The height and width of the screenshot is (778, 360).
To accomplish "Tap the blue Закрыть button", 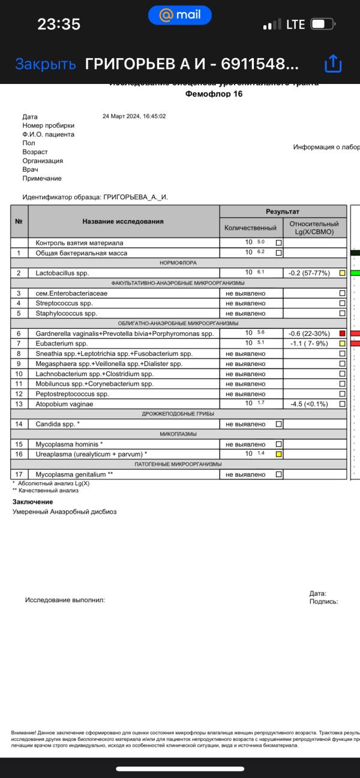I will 46,64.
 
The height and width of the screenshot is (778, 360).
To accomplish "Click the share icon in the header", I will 332,64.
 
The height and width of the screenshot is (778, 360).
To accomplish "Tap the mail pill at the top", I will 179,15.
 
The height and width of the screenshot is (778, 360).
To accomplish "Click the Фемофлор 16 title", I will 214,94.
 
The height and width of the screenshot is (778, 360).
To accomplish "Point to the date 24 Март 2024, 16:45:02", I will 134,116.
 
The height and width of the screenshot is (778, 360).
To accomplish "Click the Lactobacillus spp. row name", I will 62,273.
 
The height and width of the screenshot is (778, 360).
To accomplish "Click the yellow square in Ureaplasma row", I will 278,454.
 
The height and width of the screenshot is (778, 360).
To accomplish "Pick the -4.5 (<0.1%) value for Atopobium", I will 310,404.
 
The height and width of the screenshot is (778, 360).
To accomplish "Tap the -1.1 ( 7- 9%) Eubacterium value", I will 310,343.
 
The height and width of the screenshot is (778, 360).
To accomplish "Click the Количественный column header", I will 250,228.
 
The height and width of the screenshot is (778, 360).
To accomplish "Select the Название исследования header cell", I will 123,221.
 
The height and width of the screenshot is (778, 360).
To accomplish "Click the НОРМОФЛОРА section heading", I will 178,263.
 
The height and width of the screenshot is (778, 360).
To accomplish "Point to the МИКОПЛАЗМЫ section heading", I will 178,434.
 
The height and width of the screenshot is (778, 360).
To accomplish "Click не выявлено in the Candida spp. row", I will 245,424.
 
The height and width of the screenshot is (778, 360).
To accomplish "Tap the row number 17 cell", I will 19,474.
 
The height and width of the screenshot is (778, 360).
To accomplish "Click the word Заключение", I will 32,501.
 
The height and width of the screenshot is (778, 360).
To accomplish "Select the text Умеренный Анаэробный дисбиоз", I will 64,512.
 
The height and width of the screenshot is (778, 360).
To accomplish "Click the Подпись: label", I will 323,600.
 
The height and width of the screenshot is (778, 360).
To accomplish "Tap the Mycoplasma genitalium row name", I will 74,474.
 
